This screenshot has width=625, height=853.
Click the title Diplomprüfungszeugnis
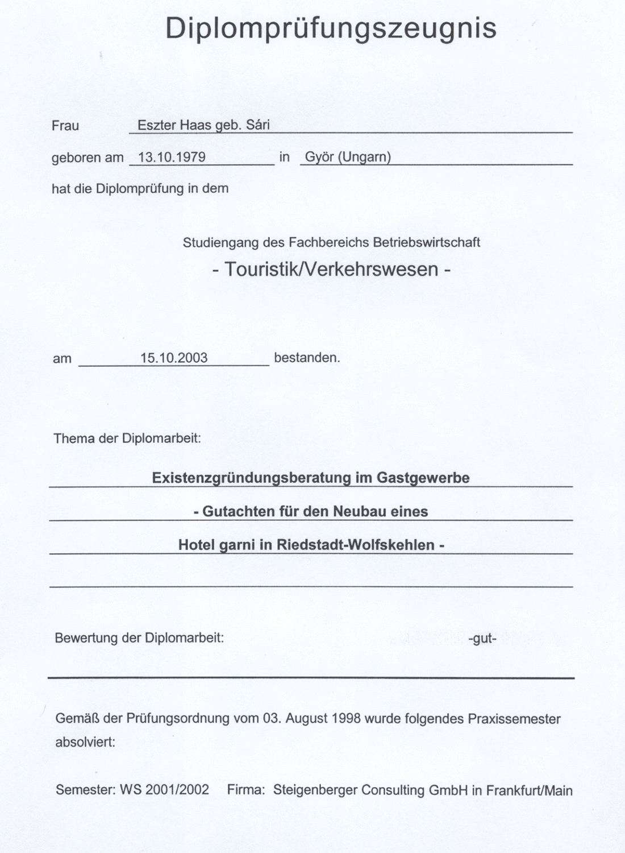point(331,28)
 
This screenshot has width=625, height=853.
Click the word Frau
point(65,126)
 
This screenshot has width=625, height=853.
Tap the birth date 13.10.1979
point(172,157)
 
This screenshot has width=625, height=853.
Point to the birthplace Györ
point(319,157)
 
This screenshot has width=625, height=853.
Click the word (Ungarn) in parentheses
point(364,157)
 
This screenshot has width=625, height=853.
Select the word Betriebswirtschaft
point(426,242)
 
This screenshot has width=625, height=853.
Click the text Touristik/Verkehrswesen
point(331,269)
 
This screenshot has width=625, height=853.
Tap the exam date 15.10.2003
point(174,358)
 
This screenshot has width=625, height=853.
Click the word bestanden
point(307,358)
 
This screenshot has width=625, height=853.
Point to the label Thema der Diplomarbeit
point(127,438)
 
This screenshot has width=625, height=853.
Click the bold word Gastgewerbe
point(423,478)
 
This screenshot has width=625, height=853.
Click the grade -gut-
point(482,639)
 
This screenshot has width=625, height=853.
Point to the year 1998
point(344,718)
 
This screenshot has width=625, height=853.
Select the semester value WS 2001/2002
point(164,790)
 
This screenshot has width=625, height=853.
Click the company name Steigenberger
point(315,790)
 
